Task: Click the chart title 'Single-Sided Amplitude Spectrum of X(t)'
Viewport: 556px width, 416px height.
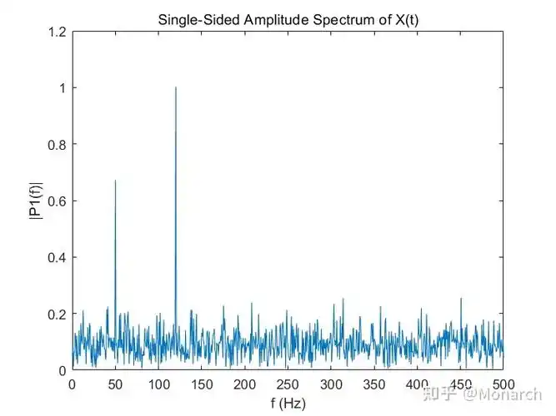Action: point(288,18)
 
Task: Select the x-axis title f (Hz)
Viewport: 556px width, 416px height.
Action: point(288,404)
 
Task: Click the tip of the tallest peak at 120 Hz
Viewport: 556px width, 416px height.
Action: point(176,87)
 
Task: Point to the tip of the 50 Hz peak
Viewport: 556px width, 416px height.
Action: point(115,181)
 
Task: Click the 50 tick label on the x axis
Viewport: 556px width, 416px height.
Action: point(115,385)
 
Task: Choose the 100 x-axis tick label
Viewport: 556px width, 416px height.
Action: point(158,385)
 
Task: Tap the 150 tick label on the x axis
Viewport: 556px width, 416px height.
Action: point(202,385)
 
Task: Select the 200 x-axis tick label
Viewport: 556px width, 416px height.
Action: point(245,385)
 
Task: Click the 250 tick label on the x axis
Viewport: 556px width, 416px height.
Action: point(288,385)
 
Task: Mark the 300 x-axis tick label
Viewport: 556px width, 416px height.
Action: point(331,385)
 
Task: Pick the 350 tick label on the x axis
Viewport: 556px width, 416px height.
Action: point(374,385)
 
